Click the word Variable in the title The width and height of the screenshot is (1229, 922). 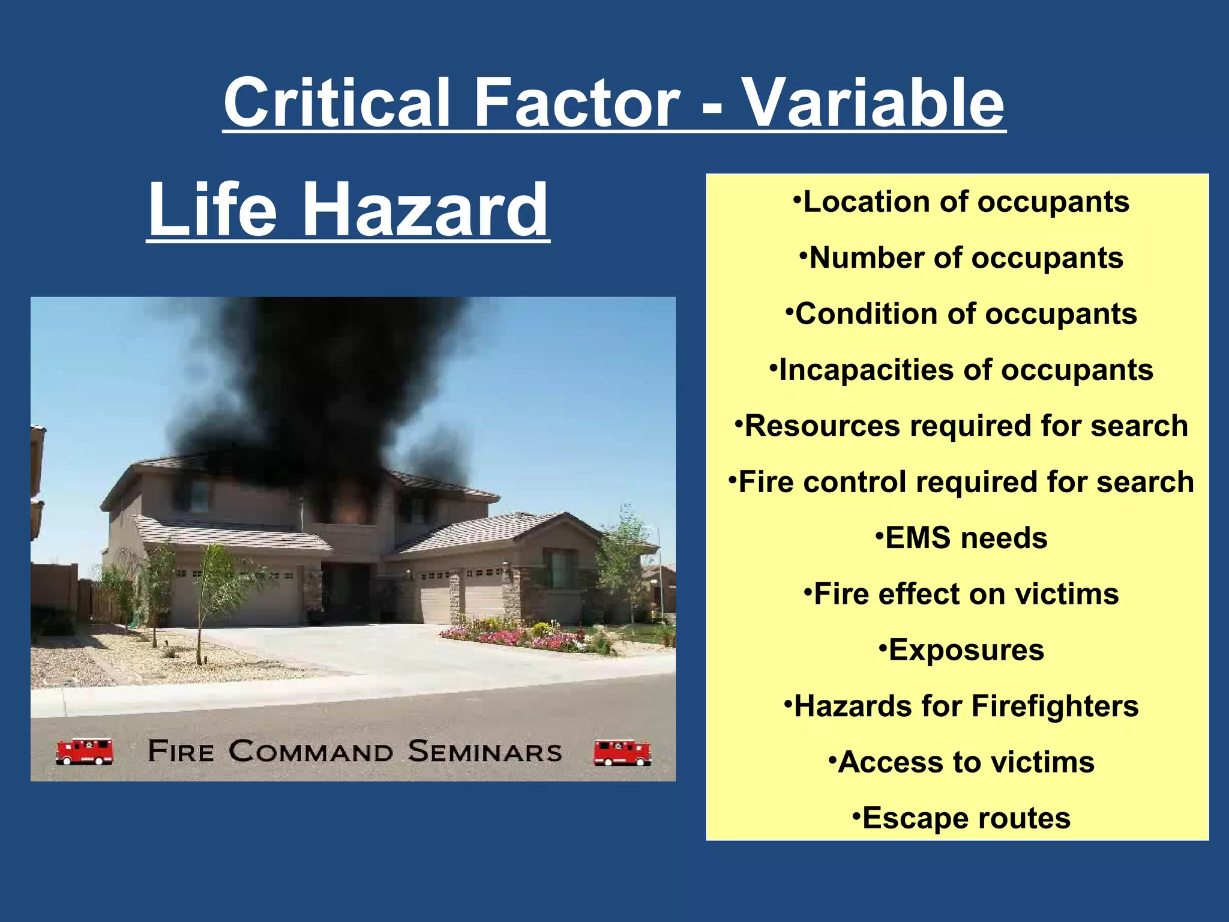(873, 103)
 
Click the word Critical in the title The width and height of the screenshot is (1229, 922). (337, 103)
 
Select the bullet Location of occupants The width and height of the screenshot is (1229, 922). (961, 202)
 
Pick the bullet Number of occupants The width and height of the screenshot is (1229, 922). (961, 258)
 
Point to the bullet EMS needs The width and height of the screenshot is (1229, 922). (961, 538)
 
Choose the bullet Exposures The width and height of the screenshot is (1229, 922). (961, 650)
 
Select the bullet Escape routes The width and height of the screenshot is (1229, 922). (961, 818)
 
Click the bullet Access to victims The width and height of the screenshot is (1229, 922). (961, 762)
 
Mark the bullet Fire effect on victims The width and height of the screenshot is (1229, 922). (961, 594)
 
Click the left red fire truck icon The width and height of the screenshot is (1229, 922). (85, 751)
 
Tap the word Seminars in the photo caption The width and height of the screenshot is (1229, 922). (485, 752)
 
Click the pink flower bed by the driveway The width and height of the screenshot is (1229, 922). (510, 635)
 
